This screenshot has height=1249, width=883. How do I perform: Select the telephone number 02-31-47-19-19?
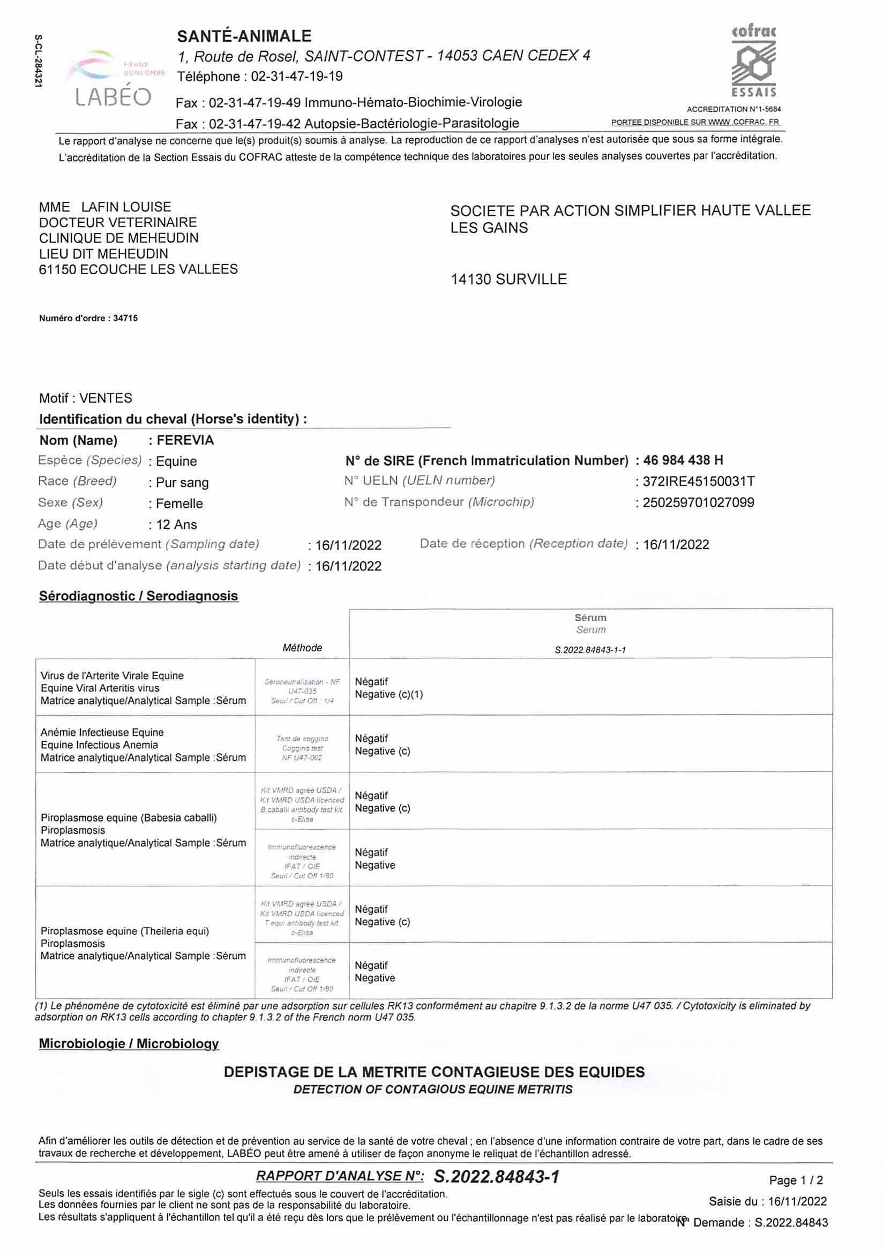click(x=296, y=77)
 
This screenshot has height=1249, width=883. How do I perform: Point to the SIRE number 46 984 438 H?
click(x=683, y=460)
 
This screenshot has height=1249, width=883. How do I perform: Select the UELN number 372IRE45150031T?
click(x=699, y=481)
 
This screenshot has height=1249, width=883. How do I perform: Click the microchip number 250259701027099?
click(x=698, y=502)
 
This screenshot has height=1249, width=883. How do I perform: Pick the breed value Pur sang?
click(x=182, y=483)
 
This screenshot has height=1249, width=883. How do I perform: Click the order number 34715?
click(x=125, y=318)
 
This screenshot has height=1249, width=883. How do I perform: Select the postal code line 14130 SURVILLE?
click(x=508, y=279)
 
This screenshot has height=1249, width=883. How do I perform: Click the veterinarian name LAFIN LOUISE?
click(x=126, y=207)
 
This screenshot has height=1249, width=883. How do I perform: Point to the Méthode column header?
click(x=302, y=648)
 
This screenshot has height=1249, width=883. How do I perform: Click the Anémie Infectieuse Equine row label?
click(x=102, y=732)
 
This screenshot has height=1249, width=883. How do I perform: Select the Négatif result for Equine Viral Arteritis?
click(x=372, y=682)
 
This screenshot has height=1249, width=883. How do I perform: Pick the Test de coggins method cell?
click(x=302, y=748)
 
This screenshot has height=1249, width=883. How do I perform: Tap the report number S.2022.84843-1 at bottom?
click(x=496, y=1177)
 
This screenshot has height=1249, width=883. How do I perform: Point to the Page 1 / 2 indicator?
click(x=796, y=1180)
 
